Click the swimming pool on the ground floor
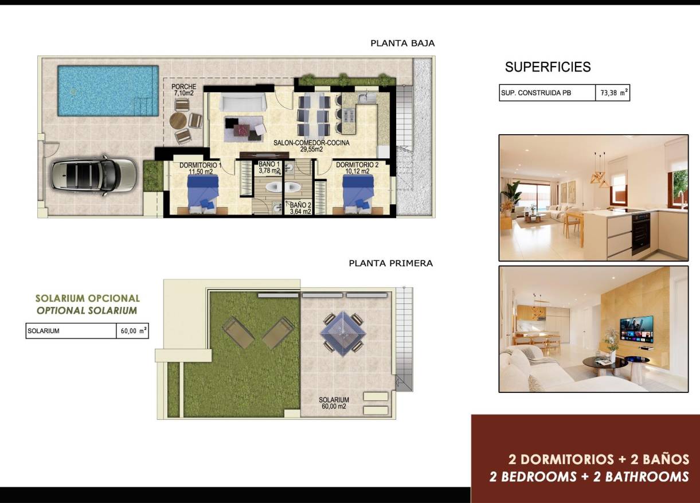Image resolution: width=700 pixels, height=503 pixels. pos(108,90)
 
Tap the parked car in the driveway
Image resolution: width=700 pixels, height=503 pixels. pos(93,174)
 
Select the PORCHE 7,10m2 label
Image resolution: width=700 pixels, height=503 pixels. pos(183,90)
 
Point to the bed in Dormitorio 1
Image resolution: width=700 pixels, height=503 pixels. pos(203,190)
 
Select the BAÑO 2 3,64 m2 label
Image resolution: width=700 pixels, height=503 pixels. pos(300,208)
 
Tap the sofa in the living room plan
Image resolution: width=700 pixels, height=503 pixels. pos(244,103)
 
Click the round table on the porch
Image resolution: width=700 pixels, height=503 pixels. pos(178,120)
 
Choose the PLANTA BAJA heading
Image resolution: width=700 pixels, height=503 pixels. pos(402,43)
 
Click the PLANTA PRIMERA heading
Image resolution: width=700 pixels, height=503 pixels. pos(390,263)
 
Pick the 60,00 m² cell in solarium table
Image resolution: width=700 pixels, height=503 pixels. pos(132,331)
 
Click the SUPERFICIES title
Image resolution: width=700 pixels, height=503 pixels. pos(548,67)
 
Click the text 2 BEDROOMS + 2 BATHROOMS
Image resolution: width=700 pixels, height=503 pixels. pos(589,477)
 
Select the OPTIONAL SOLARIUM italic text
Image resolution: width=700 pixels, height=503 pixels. pos(87,310)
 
